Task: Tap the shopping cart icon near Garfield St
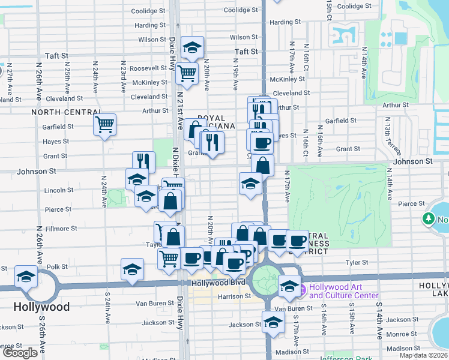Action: (x=104, y=125)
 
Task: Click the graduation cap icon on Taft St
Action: (x=192, y=47)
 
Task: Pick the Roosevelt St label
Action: (x=148, y=68)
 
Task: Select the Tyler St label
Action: (x=356, y=263)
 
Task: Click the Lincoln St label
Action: (x=59, y=190)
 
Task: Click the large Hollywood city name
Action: (x=41, y=307)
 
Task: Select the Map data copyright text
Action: (x=423, y=355)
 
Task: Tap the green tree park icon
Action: (x=430, y=220)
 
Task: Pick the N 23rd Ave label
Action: (x=122, y=74)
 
